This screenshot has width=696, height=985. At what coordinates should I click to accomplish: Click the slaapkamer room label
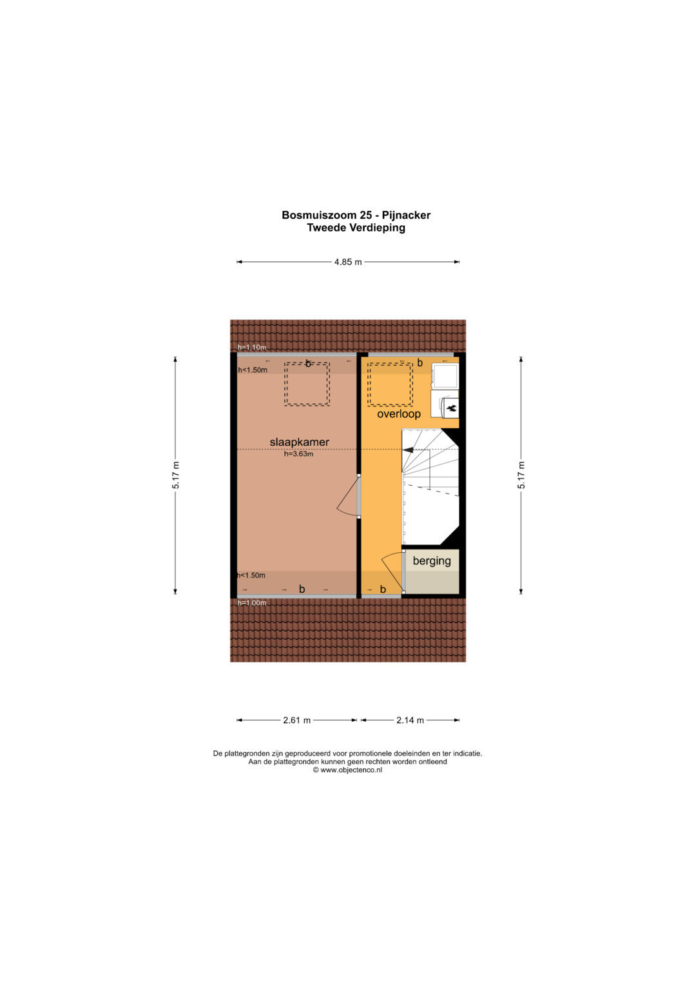tap(299, 442)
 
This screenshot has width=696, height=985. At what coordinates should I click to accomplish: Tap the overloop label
tap(398, 413)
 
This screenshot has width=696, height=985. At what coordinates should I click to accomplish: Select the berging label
tap(432, 561)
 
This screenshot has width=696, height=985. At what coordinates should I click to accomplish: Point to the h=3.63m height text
tap(298, 454)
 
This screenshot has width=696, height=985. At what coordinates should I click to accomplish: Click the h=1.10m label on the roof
tap(252, 348)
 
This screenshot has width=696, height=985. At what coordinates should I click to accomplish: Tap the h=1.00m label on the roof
tap(252, 603)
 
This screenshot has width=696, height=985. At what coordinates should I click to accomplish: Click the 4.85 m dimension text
tap(348, 262)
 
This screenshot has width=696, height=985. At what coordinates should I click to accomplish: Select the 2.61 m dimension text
tap(296, 721)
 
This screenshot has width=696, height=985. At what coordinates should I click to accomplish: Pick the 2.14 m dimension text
tap(410, 721)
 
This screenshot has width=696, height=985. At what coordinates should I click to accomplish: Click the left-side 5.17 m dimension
tap(176, 475)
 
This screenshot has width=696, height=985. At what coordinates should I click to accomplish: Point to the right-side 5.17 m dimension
tap(521, 475)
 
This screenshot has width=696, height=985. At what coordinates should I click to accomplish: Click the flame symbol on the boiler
tap(452, 408)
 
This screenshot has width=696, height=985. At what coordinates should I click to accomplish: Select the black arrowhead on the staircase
tap(408, 450)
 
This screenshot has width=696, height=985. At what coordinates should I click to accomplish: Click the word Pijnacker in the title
tap(406, 215)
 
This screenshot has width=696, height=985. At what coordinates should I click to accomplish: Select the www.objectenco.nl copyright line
tap(347, 770)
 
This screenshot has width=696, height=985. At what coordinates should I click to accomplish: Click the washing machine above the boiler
tap(445, 376)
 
